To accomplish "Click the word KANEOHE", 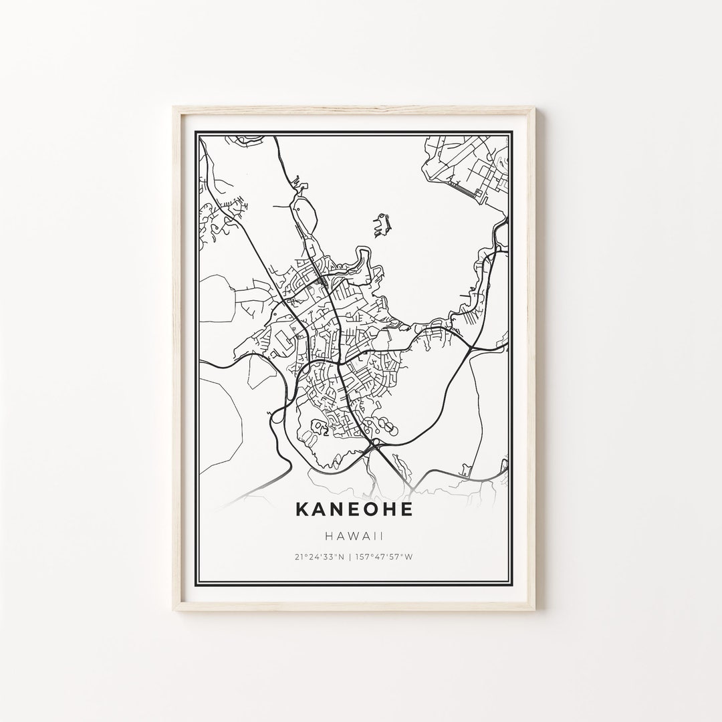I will point(354,509).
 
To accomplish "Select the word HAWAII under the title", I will point(354,535).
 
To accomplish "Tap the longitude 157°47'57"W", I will point(392,557).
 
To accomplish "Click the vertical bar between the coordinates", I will point(354,557).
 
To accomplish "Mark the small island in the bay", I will point(382,225).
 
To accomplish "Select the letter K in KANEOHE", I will point(302,509).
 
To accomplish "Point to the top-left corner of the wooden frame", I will point(174,107).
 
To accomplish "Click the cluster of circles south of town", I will point(382,425).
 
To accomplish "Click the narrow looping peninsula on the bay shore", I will point(364,257).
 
